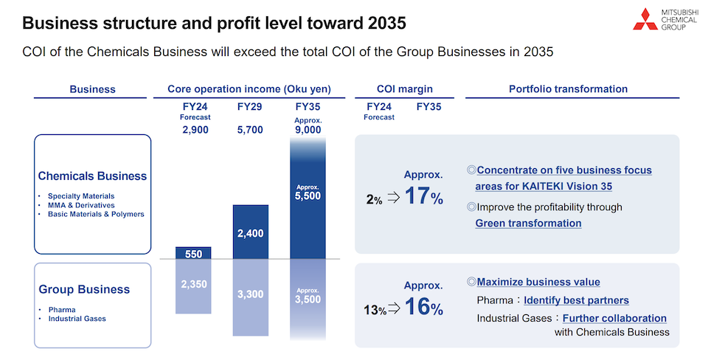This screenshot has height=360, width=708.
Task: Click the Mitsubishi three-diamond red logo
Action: [647, 19]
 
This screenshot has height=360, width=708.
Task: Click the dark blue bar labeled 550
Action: [193, 253]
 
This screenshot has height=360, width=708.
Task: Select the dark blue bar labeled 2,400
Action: [251, 232]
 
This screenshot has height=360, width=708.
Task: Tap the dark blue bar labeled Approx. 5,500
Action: [308, 198]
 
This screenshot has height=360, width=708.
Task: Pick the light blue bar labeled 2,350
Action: [193, 285]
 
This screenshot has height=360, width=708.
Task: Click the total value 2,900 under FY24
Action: [195, 130]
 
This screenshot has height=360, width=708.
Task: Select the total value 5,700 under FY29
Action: [251, 130]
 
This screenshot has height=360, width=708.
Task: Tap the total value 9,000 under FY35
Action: [308, 130]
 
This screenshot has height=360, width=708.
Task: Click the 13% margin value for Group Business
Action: [374, 310]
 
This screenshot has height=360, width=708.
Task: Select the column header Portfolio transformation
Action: [568, 89]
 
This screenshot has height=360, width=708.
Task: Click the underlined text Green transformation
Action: [528, 223]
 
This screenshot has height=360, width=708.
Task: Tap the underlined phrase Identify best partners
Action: [576, 300]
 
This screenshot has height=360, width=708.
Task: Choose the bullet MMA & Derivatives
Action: [81, 205]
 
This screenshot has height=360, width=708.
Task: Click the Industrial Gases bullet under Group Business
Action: [77, 319]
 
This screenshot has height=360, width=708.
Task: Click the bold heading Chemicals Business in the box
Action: [92, 176]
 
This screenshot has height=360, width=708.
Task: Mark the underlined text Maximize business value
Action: [538, 282]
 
